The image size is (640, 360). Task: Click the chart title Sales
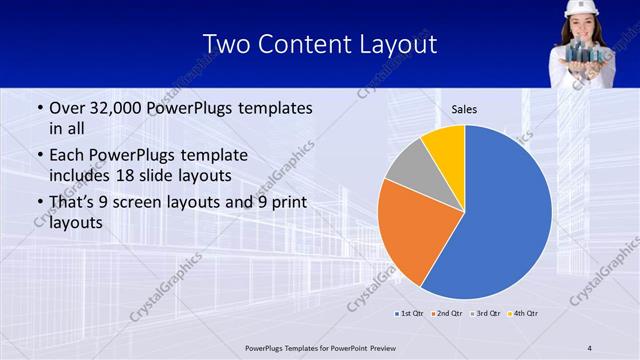point(464,109)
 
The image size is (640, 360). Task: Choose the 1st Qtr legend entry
point(410,313)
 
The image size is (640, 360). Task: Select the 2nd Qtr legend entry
point(446,313)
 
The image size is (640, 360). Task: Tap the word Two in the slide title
point(228,45)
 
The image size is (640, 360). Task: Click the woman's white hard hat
point(579,7)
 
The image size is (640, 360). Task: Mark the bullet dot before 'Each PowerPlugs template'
point(39,156)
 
